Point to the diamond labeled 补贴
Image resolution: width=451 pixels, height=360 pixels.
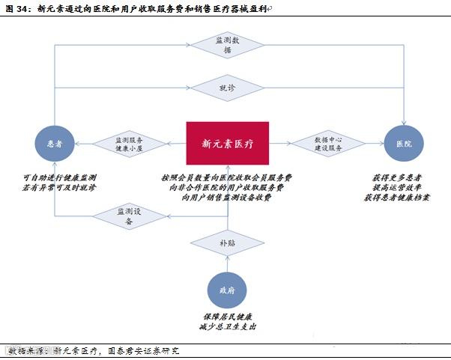point(227,243)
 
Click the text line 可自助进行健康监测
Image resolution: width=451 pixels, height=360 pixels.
point(59,177)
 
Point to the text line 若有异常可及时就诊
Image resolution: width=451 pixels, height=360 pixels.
point(59,187)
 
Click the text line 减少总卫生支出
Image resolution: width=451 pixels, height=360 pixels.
point(227,327)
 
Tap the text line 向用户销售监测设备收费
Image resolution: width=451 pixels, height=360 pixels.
point(226,198)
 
